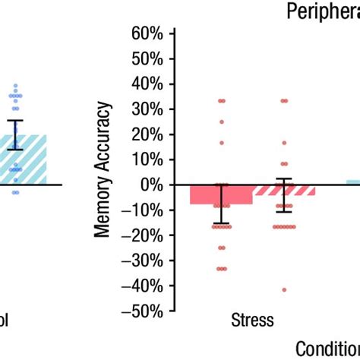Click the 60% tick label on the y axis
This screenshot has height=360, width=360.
coord(147,33)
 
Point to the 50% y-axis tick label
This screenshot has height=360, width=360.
coord(147,58)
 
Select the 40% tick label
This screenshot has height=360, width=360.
coord(147,84)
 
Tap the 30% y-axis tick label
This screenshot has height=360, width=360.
coord(147,109)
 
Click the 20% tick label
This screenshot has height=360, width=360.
coord(147,134)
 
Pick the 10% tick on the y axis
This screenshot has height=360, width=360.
coord(147,159)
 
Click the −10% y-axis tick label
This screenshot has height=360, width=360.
coord(144,210)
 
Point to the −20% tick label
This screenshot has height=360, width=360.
coord(144,235)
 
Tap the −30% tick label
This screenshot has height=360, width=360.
coord(144,261)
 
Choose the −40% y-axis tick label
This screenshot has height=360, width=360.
coord(144,286)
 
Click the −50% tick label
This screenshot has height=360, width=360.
coord(144,311)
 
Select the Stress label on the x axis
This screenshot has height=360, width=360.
coord(252,320)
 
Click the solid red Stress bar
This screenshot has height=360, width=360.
coord(221,194)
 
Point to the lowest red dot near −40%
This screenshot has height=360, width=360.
coord(284,289)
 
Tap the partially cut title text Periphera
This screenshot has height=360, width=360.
coord(322,11)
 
